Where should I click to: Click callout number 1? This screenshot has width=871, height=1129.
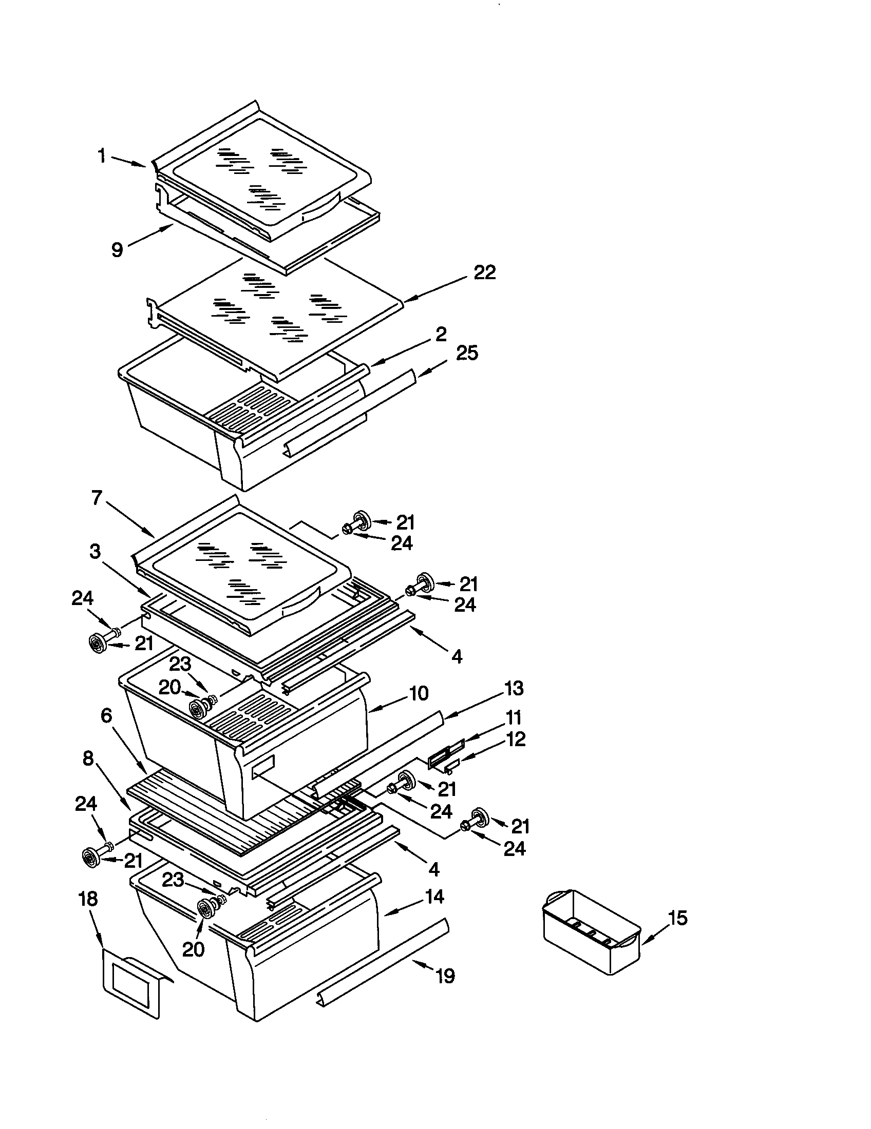(102, 155)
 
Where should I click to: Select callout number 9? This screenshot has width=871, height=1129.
(118, 250)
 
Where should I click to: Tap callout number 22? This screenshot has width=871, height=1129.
(485, 272)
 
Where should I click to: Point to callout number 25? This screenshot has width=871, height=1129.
(466, 354)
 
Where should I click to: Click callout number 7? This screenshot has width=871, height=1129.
(97, 498)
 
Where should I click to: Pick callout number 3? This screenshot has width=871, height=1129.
(95, 552)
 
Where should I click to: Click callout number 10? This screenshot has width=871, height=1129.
(419, 693)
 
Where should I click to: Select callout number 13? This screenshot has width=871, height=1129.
(514, 688)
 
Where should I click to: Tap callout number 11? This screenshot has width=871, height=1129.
(513, 718)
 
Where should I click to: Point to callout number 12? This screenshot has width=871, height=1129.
(516, 739)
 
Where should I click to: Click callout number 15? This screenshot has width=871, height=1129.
(677, 918)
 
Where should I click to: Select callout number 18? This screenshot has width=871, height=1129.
(88, 899)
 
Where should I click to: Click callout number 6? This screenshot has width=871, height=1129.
(106, 715)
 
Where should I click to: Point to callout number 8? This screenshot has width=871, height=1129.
(88, 758)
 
